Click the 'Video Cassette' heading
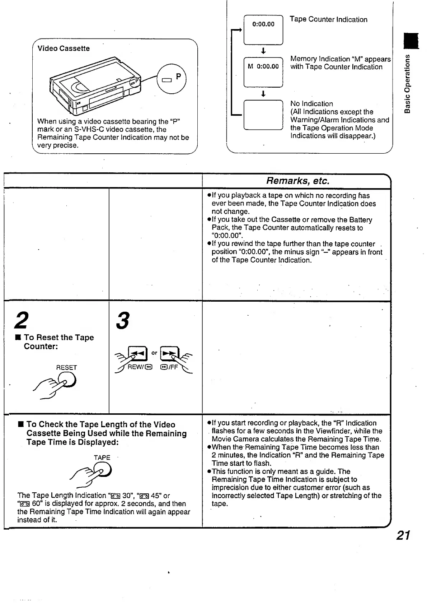coord(64,48)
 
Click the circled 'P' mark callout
coord(172,78)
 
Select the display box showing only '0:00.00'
coord(263,30)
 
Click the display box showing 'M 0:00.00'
coord(263,72)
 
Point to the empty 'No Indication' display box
coord(263,115)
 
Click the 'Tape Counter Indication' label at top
coord(328,19)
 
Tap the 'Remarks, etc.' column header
coord(297,181)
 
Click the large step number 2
coord(22,320)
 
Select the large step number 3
coord(123,320)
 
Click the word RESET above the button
coord(66,367)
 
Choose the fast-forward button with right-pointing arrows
coord(169,354)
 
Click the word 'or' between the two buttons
coord(154,353)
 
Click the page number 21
coord(403,535)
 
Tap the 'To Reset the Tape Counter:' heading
coord(58,342)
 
